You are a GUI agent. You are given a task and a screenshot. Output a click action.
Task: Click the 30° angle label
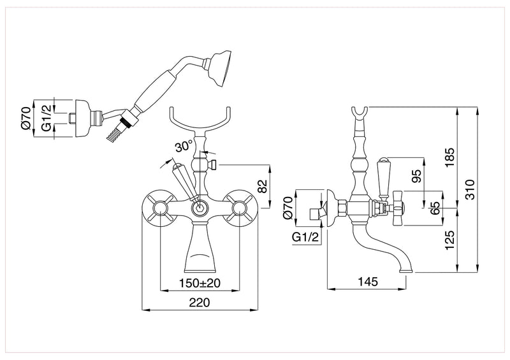coord(184,146)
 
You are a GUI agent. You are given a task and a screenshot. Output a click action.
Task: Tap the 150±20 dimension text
coord(200,282)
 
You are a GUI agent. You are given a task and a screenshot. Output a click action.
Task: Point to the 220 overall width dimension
coord(200,303)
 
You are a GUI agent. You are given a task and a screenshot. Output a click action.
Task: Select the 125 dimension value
coord(449,240)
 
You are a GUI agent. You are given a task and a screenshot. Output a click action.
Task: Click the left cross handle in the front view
coord(159,208)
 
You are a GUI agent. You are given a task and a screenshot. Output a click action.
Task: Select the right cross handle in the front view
coord(240,208)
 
